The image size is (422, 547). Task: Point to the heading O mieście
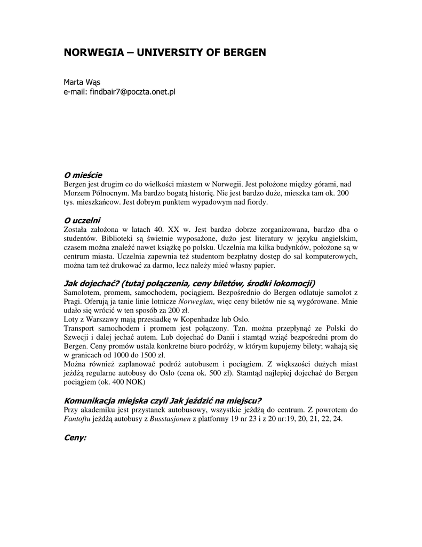(x=83, y=175)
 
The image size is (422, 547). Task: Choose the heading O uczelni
(x=82, y=220)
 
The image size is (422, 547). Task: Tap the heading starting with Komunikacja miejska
(x=163, y=401)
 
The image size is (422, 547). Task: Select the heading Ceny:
(x=75, y=437)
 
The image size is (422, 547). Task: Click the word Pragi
(x=73, y=302)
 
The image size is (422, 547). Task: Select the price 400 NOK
(x=123, y=382)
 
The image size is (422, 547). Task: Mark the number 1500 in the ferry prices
(x=137, y=355)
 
